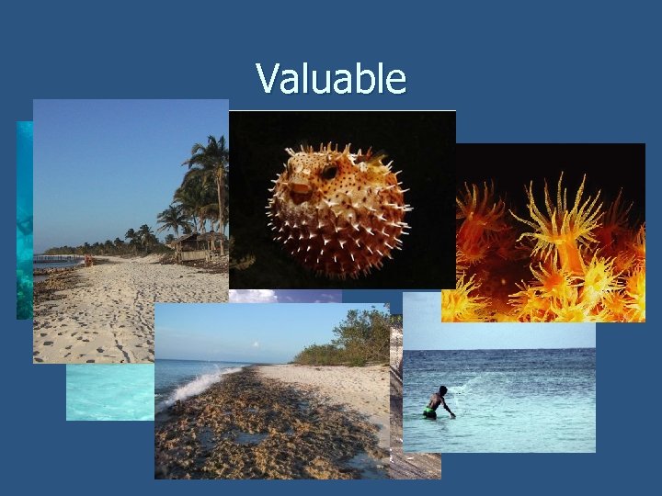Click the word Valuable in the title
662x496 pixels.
coord(331,79)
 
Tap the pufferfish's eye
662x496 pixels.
coord(326,172)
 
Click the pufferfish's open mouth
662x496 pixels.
coord(300,192)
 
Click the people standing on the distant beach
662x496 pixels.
coord(88,260)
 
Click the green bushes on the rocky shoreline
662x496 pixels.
coord(349,341)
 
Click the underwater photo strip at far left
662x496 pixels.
coord(24,220)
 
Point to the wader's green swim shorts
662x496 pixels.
coord(429,413)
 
